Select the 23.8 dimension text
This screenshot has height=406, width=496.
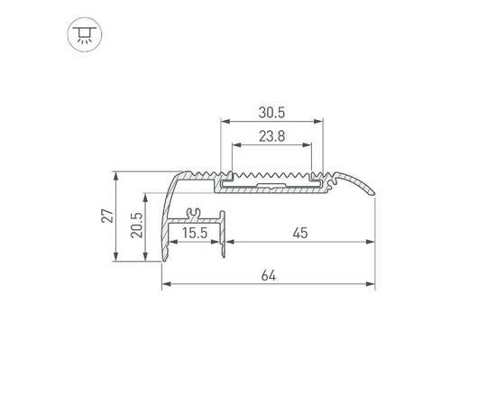[x=271, y=138]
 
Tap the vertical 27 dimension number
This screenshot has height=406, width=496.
[x=106, y=216]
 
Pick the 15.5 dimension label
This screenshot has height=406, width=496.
[x=193, y=234]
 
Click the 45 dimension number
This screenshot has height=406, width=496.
[x=299, y=234]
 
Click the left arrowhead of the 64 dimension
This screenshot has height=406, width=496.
[x=166, y=286]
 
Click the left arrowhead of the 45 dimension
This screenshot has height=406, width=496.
[x=228, y=242]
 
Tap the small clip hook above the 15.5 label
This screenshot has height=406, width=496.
[x=191, y=214]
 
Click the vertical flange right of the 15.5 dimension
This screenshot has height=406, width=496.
[x=223, y=239]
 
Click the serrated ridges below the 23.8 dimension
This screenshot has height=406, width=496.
[x=271, y=171]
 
